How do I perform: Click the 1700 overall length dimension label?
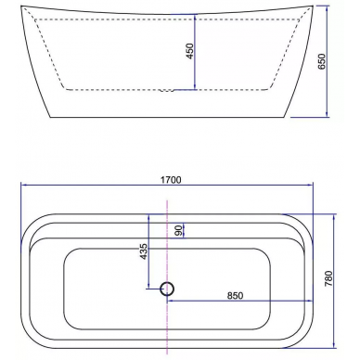click(x=171, y=180)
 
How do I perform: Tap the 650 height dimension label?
click(x=322, y=61)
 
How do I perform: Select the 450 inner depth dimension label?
click(x=189, y=51)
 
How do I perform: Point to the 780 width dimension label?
click(x=328, y=278)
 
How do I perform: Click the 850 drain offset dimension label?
click(x=236, y=296)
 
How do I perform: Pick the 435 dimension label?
click(x=144, y=251)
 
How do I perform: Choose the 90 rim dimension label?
click(x=178, y=230)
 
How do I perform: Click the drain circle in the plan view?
click(x=167, y=289)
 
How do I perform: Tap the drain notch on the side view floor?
click(x=167, y=91)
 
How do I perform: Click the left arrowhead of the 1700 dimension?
click(x=23, y=186)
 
